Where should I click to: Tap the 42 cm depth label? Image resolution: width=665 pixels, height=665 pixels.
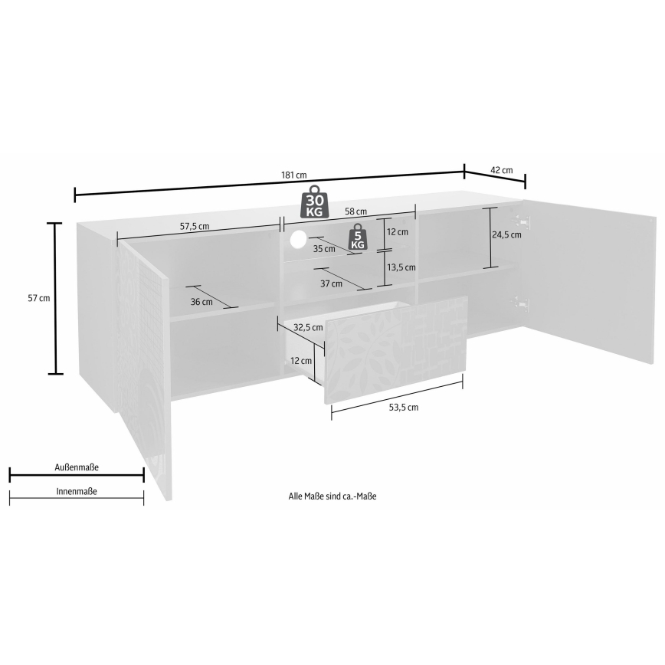502,170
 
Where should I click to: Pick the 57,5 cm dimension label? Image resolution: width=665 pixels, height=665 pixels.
195,226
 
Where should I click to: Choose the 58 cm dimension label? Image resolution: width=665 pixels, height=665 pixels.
355,211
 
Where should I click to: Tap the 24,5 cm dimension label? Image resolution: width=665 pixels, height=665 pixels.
507,235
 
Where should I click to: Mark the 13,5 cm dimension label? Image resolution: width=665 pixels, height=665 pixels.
401,267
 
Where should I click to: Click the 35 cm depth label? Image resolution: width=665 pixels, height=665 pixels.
324,249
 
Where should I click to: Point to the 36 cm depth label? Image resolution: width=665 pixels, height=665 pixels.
201,302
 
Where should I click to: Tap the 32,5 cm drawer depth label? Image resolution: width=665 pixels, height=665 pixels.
308,327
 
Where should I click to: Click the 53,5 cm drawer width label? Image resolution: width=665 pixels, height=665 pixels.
403,408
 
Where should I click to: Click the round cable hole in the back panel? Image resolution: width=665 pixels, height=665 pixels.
298,239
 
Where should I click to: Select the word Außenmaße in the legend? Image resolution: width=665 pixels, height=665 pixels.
77,467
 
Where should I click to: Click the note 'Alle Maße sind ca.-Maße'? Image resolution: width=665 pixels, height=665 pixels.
332,496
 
